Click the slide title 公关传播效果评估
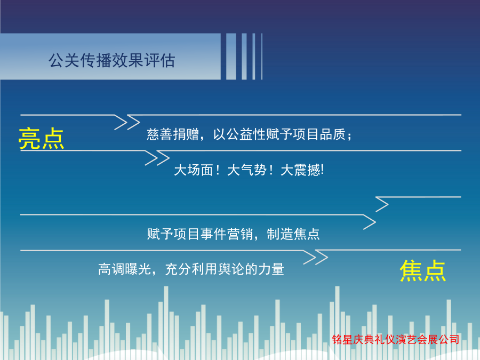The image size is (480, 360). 112,60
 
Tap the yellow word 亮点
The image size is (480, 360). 41,138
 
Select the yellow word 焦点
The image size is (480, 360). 423,270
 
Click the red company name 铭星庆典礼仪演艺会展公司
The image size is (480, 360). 396,339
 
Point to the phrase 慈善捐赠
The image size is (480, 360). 173,134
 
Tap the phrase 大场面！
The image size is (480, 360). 197,170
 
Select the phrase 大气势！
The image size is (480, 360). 250,170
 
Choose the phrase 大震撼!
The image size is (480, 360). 302,170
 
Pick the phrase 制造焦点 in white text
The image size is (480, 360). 293,234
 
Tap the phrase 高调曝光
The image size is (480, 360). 124,269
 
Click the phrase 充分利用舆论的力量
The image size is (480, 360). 225,269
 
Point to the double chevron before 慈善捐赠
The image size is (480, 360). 127,123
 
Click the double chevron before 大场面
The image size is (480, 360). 157,158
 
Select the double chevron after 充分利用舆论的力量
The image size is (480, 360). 316,257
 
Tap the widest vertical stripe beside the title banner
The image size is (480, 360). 231,57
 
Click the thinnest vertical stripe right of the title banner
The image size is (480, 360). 262,57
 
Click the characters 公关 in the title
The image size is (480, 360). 64,60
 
